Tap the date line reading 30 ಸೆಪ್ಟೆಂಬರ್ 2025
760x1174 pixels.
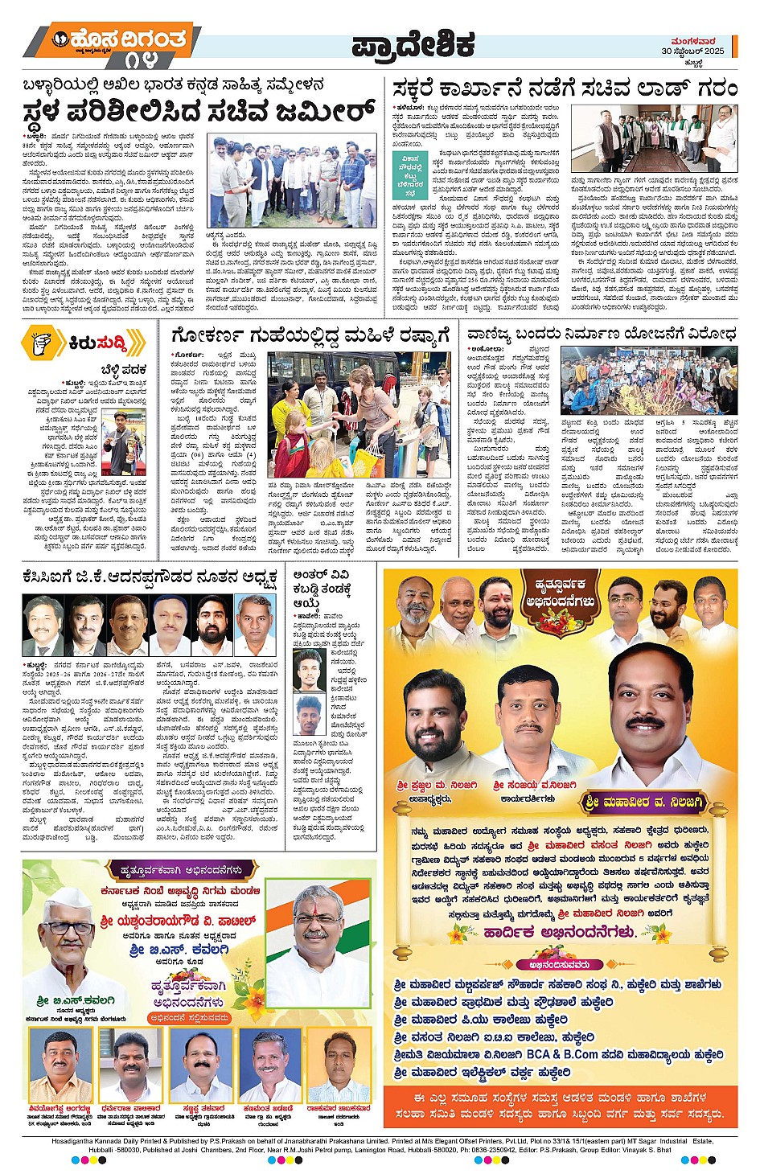692,51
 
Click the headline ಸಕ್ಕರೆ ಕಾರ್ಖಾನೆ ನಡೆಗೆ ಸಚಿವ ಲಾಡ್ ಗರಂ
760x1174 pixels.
565,88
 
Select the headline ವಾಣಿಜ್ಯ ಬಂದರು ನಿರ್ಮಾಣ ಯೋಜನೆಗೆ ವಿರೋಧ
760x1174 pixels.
602,334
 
